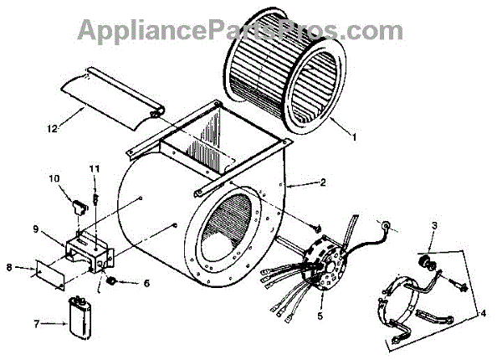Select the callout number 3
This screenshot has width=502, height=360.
tap(434, 226)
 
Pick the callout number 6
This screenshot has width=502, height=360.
tap(147, 283)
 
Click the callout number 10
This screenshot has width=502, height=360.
tap(54, 178)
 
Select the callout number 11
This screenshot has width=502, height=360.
tap(95, 170)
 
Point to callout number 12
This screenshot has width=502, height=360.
tap(52, 128)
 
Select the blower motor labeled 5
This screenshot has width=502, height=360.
tap(324, 260)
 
